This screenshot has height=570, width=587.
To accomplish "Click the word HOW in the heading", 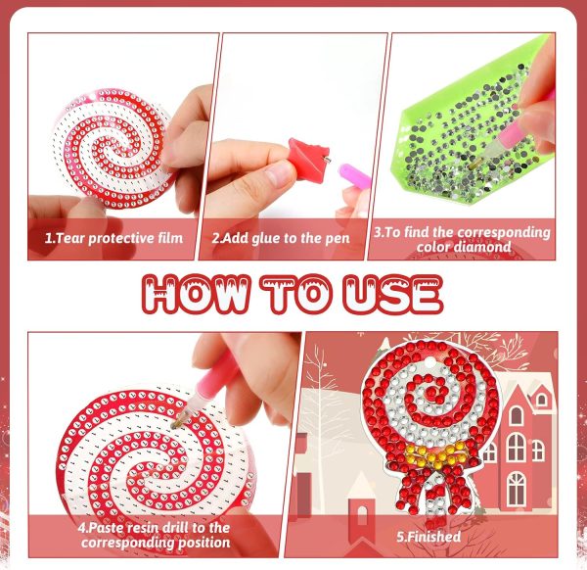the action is point(195,294).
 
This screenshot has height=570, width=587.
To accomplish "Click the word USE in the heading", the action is point(392,294).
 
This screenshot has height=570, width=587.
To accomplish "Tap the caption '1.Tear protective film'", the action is point(113,238).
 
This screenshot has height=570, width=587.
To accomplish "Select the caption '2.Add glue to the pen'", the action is point(281,238).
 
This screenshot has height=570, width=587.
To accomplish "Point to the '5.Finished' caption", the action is point(429,537).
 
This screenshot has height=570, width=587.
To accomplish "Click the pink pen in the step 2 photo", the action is point(355,175).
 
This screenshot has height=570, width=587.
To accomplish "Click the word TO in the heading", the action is point(296,294).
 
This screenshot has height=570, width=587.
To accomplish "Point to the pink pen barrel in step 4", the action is point(209,385).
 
